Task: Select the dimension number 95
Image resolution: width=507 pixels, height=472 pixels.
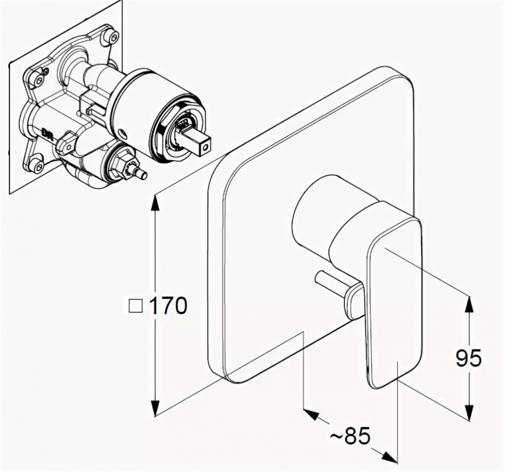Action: coord(469,358)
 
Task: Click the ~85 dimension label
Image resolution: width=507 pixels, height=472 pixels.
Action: coord(350,436)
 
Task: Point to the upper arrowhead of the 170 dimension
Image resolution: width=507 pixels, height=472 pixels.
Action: coord(156,205)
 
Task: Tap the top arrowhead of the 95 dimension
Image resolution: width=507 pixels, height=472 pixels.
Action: coord(468,305)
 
